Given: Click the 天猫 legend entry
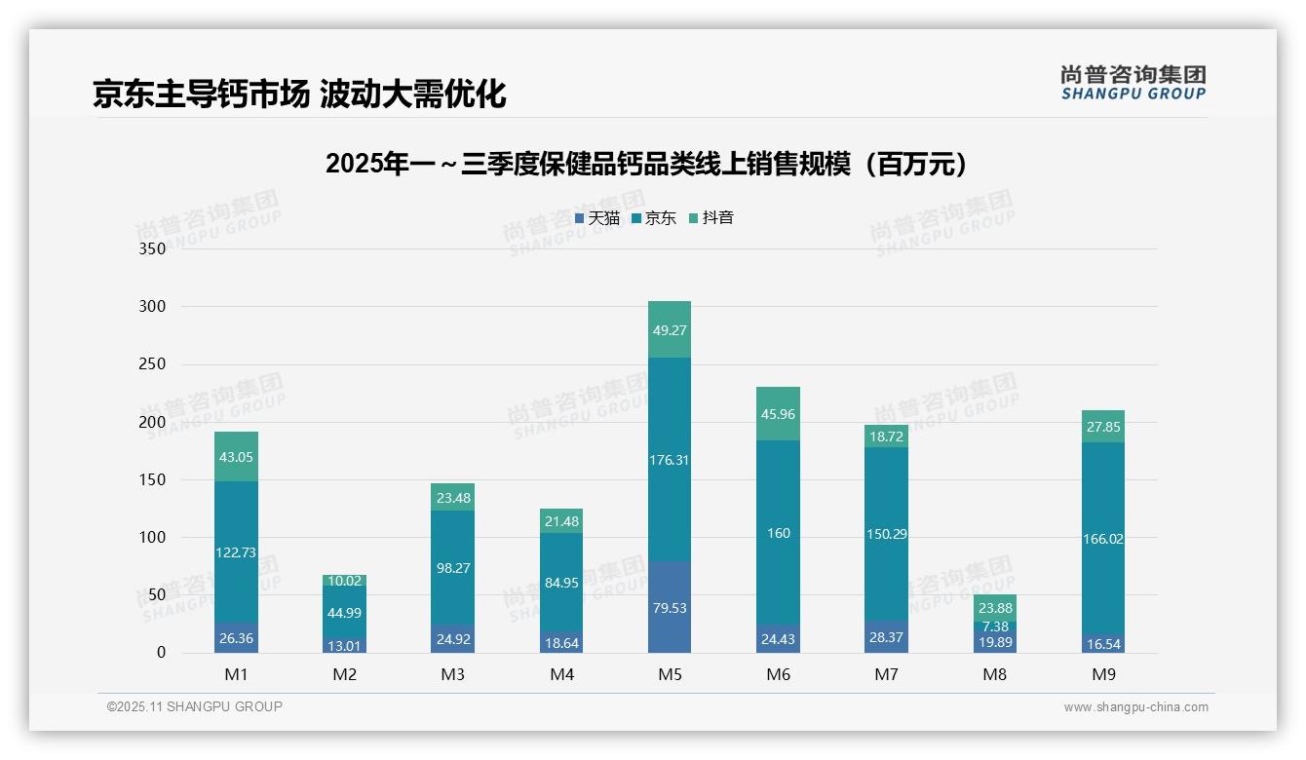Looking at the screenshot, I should coord(597,218).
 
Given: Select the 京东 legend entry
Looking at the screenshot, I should coord(654,218).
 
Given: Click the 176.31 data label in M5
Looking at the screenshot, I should coord(669,460).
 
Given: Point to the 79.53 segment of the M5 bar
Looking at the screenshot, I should coord(669,608).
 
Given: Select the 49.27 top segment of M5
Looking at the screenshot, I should coord(669,330).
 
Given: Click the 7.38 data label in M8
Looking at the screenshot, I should coord(995,626).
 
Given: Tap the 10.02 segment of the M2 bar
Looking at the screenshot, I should coord(345,582).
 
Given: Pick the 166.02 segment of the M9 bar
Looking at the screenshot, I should coord(1103,539).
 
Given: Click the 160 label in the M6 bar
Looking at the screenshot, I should coord(778,533).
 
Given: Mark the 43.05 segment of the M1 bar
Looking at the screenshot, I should coord(236,457).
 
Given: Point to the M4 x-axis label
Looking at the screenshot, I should coord(562,674).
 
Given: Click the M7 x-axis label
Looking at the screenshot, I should coord(887,674).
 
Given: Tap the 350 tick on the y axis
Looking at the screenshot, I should coord(153,248).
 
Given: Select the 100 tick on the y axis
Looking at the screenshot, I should coord(153,538).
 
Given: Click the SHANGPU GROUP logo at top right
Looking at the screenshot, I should coord(1133,83).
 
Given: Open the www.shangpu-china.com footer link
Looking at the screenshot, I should coord(1135,707).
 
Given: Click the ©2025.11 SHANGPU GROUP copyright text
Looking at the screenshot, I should coord(195,707).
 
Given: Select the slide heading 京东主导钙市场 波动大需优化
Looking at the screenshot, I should coord(299,94).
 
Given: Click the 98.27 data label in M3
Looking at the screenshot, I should coord(453,567).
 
